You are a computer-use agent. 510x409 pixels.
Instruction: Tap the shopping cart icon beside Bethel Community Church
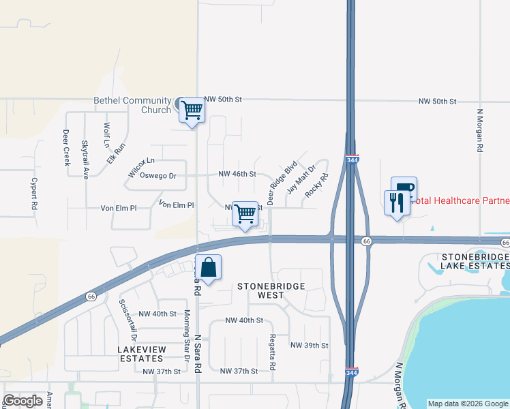tap(192, 110)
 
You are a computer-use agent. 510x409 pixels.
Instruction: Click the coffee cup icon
tap(404, 187)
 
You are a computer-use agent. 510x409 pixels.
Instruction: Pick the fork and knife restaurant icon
tap(397, 202)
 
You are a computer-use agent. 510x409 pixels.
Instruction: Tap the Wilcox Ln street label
tap(141, 161)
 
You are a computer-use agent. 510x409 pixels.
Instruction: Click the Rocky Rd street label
tap(316, 185)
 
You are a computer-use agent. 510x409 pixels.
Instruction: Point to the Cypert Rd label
tap(33, 193)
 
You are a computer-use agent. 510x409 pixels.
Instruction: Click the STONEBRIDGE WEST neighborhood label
tap(270, 290)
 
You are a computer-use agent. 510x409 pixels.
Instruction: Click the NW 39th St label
tap(310, 346)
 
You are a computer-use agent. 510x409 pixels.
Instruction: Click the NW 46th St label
tap(237, 175)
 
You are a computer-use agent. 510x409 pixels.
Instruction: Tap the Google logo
tap(23, 401)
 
